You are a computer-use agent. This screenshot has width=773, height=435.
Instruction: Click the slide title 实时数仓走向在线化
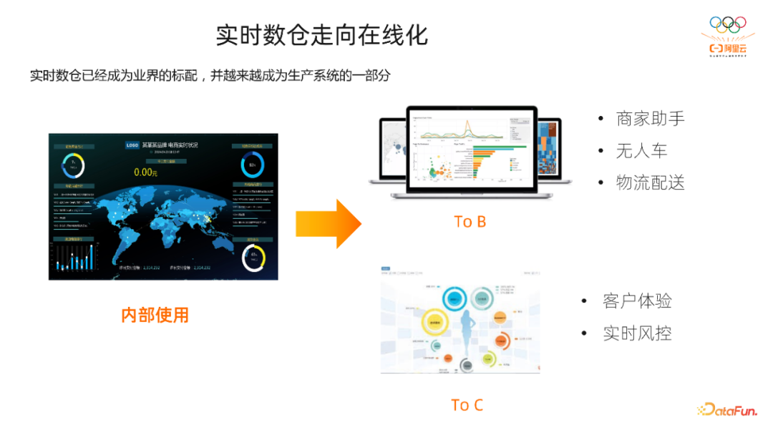(322, 35)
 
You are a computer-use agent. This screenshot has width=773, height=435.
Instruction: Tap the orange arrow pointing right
(329, 224)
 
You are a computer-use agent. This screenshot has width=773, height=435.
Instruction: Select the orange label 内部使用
(155, 315)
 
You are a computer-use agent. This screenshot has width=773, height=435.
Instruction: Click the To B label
(470, 222)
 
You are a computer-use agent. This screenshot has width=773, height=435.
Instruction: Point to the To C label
(467, 405)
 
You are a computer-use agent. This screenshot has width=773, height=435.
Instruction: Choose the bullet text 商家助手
(650, 118)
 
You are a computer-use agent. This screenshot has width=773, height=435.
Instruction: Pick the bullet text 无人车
(641, 150)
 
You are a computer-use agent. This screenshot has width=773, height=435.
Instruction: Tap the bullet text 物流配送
(650, 182)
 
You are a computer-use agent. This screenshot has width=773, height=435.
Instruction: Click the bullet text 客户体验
(637, 301)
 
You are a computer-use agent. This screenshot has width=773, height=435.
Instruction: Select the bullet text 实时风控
(637, 333)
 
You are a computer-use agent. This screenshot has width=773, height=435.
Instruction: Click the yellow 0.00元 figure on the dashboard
(145, 172)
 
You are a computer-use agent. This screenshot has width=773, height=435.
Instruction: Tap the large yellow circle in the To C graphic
(434, 323)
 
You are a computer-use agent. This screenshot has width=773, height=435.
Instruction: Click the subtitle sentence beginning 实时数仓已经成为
(210, 75)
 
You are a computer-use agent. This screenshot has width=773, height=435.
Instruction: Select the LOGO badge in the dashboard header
(132, 145)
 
